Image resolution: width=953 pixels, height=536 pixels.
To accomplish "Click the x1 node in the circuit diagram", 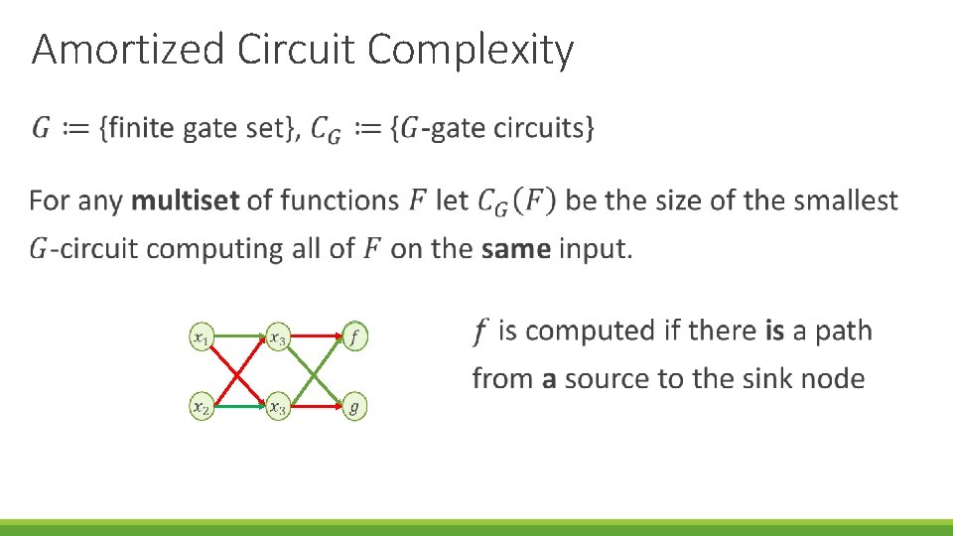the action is point(203,338).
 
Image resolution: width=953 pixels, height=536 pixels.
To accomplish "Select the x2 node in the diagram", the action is point(203,406).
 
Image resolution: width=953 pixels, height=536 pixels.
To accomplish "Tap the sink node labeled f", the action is point(354,338).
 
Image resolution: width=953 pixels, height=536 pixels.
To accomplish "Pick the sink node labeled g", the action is point(354,406).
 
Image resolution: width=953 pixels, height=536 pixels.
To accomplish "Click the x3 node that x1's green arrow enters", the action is point(278,338).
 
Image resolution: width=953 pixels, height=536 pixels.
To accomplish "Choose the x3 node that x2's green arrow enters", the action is point(278,406).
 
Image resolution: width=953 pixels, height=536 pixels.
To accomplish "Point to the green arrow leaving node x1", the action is point(238,337).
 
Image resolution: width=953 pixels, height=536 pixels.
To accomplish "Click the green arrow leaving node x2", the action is point(238,405).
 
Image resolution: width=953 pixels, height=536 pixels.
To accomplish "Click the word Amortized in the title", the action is point(129,50).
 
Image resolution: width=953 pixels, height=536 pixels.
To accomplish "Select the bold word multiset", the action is point(185,201).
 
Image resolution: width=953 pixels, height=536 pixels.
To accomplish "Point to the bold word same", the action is point(515,248).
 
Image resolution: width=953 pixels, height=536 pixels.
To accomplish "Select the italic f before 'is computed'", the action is point(481,331).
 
